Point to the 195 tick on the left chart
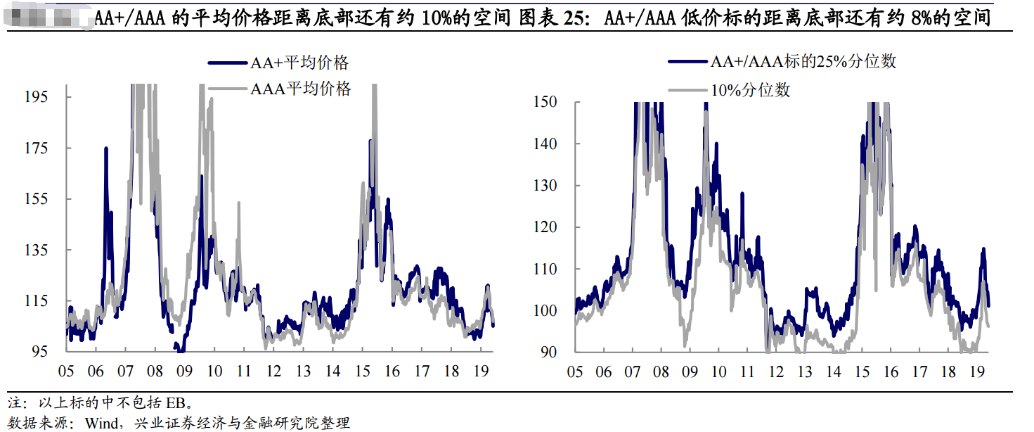click(x=56, y=96)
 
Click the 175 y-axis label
click(x=56, y=148)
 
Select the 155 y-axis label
click(x=56, y=199)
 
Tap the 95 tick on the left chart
click(x=59, y=351)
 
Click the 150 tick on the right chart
click(x=545, y=102)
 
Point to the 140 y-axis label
click(x=545, y=144)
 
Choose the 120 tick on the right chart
click(x=545, y=227)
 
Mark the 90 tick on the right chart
click(x=549, y=352)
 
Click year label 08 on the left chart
click(x=155, y=371)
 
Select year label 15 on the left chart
click(x=362, y=371)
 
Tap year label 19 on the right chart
click(x=977, y=371)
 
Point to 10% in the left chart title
click(x=435, y=18)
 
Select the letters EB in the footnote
click(x=175, y=403)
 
